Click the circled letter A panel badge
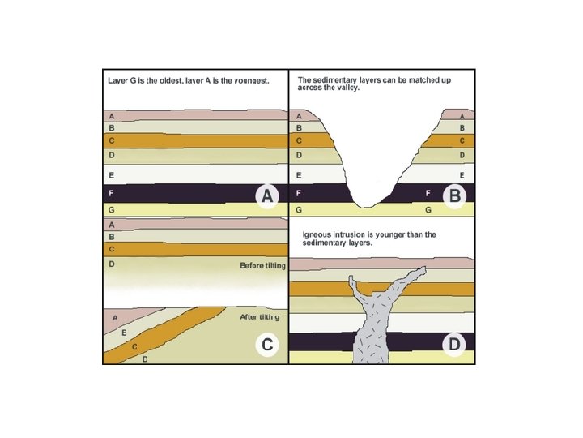point(267,195)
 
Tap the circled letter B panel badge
point(455,195)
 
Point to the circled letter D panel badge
point(455,345)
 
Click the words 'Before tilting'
point(259,266)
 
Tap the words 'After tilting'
point(259,317)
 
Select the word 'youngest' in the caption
point(248,82)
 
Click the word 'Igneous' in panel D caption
point(317,235)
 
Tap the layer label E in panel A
point(111,175)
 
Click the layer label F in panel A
point(111,195)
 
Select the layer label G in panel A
point(111,209)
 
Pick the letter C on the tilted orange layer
point(134,346)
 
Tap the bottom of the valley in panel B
point(373,204)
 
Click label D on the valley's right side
point(462,154)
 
